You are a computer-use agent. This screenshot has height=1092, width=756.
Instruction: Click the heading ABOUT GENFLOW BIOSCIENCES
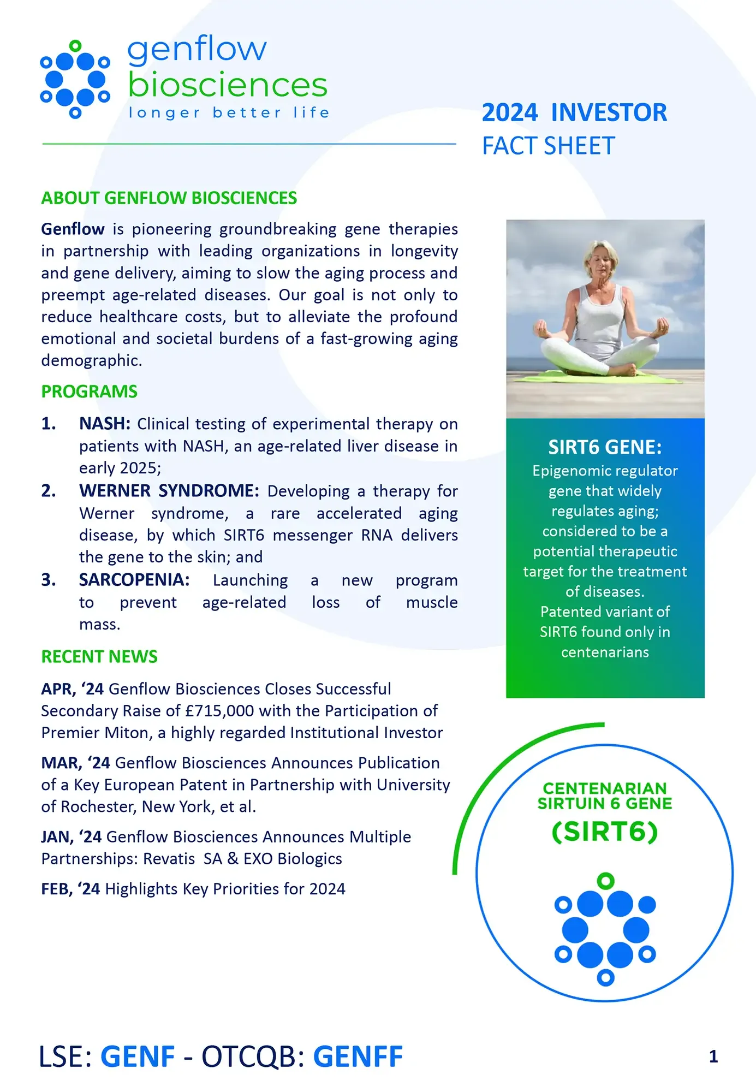click(169, 198)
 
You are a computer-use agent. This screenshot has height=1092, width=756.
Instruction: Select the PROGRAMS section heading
click(89, 391)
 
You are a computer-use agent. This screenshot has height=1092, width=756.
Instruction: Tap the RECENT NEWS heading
click(99, 656)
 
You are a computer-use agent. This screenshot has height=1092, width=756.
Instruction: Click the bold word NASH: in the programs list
click(104, 424)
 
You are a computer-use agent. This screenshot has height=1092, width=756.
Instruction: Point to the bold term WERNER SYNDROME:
click(169, 491)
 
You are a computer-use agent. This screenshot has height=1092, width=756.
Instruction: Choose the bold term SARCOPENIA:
click(134, 580)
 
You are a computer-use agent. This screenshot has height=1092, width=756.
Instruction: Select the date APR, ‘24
click(72, 689)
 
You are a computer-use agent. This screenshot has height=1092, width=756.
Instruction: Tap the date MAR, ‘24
click(75, 763)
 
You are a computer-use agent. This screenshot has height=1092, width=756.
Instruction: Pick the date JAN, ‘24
click(71, 836)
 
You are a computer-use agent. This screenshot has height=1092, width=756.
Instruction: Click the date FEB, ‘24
click(70, 889)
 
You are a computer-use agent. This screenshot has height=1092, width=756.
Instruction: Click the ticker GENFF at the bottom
click(358, 1057)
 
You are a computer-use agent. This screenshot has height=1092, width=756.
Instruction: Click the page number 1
click(713, 1057)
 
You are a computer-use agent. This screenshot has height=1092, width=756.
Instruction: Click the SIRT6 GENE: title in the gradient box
click(605, 447)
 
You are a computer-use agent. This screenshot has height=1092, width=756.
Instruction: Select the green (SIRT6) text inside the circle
click(605, 832)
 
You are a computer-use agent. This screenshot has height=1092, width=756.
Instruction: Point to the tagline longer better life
click(229, 113)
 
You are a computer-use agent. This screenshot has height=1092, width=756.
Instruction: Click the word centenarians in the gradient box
click(605, 652)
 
